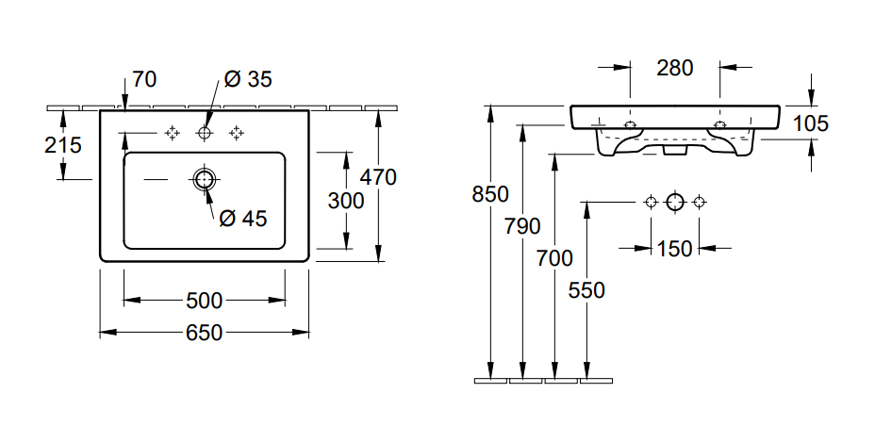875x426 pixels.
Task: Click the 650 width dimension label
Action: click(x=204, y=333)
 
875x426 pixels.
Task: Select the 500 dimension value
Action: click(x=204, y=301)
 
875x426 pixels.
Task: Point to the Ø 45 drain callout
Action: click(x=243, y=219)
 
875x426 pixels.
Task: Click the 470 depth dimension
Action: click(x=378, y=176)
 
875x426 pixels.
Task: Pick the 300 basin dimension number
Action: click(x=345, y=200)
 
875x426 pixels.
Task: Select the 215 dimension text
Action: click(x=63, y=145)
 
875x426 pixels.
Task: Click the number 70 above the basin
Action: click(x=144, y=79)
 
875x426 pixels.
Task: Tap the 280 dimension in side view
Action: click(x=675, y=68)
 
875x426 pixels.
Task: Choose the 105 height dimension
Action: click(x=811, y=123)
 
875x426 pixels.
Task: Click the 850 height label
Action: click(x=490, y=195)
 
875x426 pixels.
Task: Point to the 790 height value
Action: click(x=522, y=226)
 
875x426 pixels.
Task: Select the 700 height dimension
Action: click(x=554, y=257)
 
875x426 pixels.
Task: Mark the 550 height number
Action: click(x=586, y=290)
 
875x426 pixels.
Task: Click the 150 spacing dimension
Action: click(x=675, y=249)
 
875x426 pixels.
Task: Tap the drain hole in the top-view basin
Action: click(x=204, y=179)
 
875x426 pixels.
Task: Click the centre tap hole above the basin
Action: click(x=204, y=134)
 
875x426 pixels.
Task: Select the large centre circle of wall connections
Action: click(x=674, y=202)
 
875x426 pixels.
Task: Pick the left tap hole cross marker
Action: click(x=172, y=134)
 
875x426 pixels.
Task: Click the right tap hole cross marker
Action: click(x=236, y=134)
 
